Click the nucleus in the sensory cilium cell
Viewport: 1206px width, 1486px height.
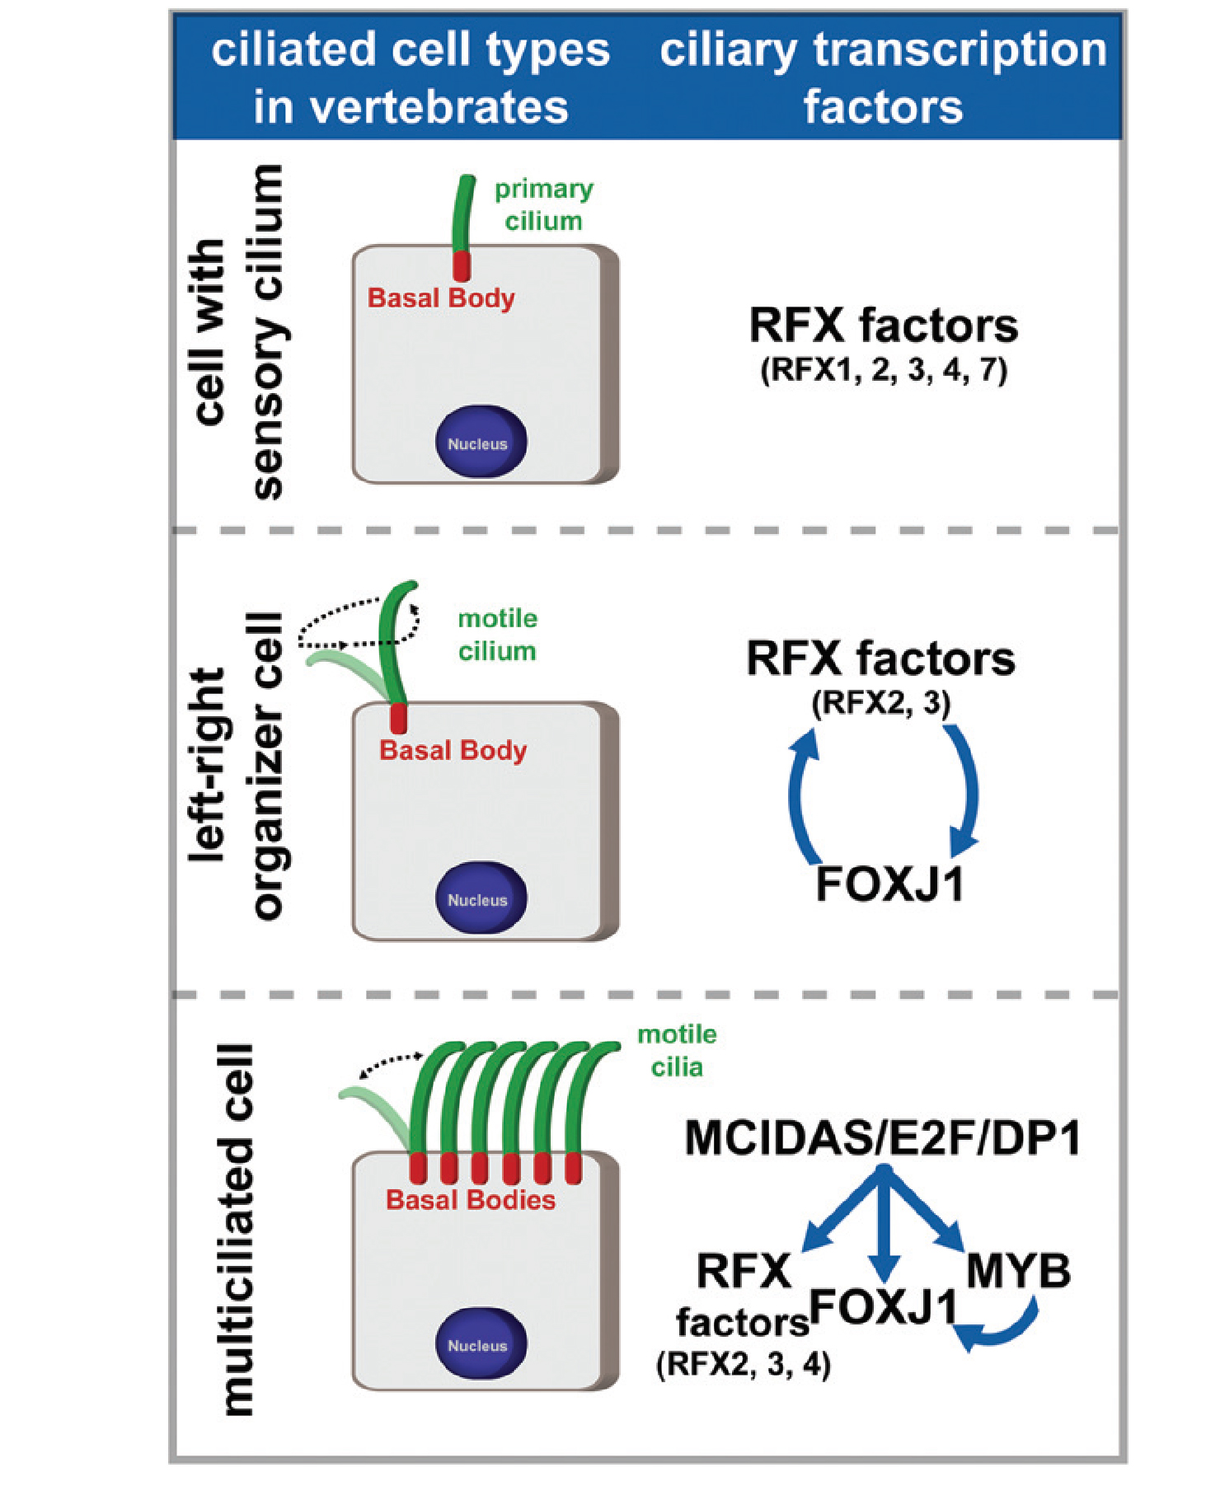click(x=481, y=443)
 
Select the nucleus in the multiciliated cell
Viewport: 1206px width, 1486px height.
click(x=481, y=1344)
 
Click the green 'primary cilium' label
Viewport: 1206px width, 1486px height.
click(x=543, y=205)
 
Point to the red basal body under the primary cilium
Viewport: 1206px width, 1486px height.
click(x=462, y=266)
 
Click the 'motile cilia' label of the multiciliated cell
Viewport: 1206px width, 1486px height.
click(x=677, y=1051)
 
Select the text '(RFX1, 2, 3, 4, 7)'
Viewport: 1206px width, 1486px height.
click(x=883, y=370)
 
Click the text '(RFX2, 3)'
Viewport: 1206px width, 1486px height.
click(x=881, y=703)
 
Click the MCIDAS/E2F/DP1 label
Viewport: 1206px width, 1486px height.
click(x=883, y=1138)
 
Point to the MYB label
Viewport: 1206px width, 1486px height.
click(x=1018, y=1270)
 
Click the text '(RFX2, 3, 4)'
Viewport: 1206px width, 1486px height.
click(x=744, y=1364)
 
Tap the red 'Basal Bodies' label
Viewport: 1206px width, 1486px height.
click(x=471, y=1199)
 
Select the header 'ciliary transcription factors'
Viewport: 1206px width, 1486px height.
click(x=883, y=78)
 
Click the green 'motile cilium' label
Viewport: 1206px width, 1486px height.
click(x=497, y=635)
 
